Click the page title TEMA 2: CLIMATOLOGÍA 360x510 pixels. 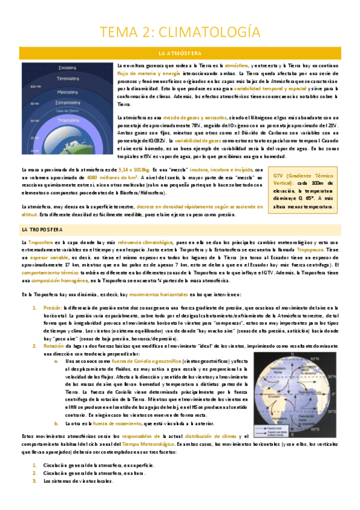pos(180,31)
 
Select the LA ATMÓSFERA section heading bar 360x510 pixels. pos(180,53)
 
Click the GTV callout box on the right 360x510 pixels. pos(304,189)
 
